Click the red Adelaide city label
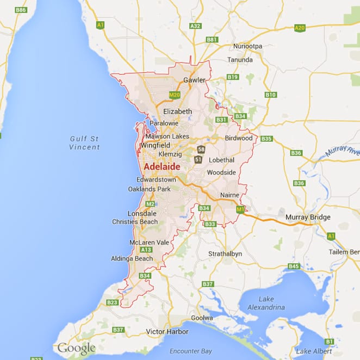click(162, 166)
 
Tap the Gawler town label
click(194, 80)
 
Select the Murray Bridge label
click(308, 217)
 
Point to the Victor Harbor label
click(167, 331)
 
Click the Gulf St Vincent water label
click(85, 142)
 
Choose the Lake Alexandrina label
click(266, 303)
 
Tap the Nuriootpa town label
click(247, 46)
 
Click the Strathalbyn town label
click(225, 254)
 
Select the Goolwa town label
click(202, 318)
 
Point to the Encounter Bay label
click(190, 351)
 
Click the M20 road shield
click(174, 95)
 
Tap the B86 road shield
click(21, 10)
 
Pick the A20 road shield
click(299, 27)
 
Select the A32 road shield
click(195, 26)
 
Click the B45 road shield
click(294, 266)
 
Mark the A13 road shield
click(146, 250)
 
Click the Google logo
click(77, 349)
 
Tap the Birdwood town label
click(239, 138)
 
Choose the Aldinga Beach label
click(132, 258)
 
